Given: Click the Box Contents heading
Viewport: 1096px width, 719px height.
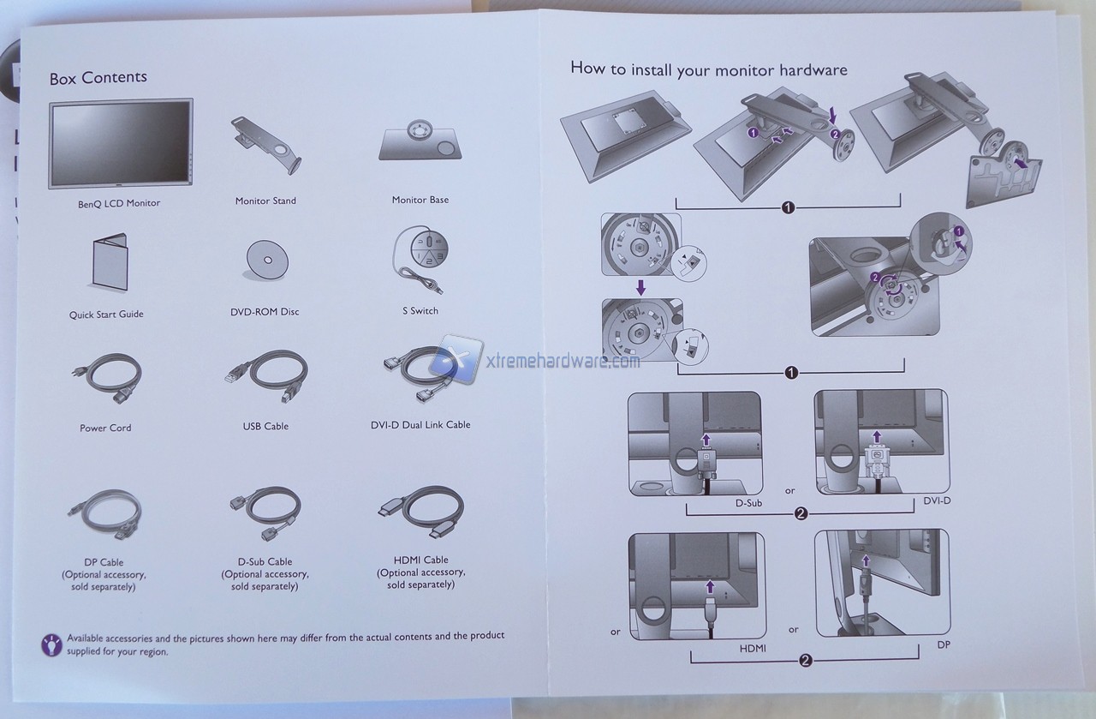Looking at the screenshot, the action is (98, 77).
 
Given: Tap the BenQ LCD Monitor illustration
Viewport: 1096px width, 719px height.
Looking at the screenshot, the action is (121, 143).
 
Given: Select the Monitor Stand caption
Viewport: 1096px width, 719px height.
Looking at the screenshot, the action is (265, 201).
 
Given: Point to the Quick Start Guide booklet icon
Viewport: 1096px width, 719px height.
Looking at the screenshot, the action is (109, 262).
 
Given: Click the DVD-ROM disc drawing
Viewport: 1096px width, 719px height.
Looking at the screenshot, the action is (266, 260).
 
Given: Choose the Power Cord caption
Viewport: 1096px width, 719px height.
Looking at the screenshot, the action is (105, 428).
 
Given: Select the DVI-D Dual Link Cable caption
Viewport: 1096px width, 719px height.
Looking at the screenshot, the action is (420, 425).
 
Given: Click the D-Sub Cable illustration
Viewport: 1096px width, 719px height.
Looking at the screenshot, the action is (265, 512).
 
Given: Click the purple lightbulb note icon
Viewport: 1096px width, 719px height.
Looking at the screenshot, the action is (51, 644).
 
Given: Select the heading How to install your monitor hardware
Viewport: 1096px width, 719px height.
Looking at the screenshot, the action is (709, 69).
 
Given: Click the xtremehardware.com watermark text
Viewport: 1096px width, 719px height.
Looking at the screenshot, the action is (563, 362).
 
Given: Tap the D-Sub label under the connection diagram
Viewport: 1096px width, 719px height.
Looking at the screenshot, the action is (748, 503).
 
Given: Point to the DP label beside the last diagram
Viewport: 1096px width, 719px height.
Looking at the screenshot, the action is (944, 644).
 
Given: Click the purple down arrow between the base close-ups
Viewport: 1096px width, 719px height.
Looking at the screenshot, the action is (640, 287).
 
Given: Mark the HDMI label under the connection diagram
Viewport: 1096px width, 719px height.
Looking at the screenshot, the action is (753, 649).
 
